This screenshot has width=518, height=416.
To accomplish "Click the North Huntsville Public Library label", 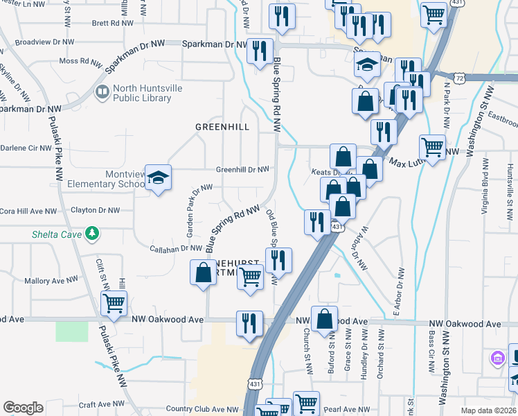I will pos(143,92).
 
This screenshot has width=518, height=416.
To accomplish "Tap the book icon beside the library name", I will pos(102,92).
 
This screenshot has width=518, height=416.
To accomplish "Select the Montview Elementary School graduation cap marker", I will pos(158,179).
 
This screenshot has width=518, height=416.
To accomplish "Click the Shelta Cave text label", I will pos(56,234).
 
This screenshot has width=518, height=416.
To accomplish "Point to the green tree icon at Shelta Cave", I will pos(91,233).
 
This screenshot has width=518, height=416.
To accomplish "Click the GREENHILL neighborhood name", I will pos(222,126).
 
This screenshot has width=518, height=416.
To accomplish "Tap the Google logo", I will pos(23,408).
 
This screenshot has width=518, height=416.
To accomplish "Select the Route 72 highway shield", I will pos(461,79).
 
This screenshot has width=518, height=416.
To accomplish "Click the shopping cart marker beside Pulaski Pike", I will pos(114,302).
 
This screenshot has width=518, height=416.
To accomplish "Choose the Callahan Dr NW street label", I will pos(175,248).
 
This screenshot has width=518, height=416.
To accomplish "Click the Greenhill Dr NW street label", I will pos(242,168).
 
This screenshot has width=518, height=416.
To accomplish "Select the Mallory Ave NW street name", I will pos(52,281).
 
